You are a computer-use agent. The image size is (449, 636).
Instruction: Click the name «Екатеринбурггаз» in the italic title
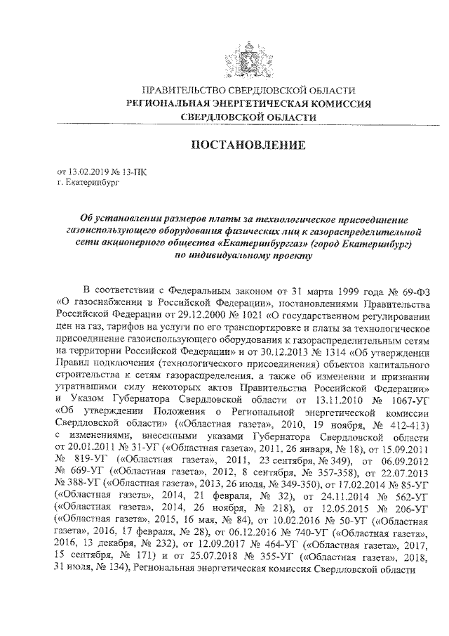pyautogui.click(x=256, y=242)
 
